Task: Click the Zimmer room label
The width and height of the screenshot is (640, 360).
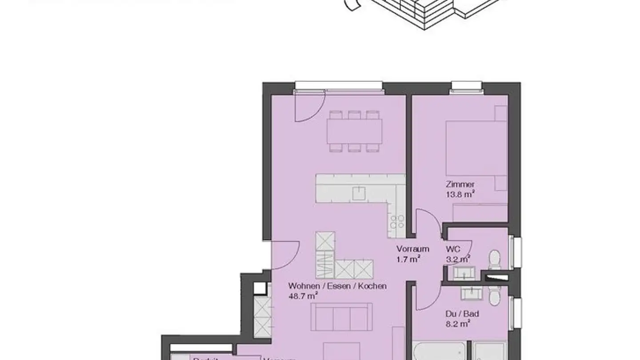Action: [x=460, y=184]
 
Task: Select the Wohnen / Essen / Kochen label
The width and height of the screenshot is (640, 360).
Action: [x=337, y=286]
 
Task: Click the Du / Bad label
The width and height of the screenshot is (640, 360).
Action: [x=462, y=314]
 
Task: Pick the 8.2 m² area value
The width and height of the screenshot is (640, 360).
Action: [x=458, y=324]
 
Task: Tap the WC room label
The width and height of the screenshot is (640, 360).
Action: [x=452, y=249]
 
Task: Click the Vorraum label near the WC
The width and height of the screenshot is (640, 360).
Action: [x=413, y=249]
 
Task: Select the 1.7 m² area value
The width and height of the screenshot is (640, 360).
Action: [x=408, y=259]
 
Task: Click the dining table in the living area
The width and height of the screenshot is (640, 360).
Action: [x=354, y=131]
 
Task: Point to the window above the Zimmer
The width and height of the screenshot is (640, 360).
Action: [x=466, y=87]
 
